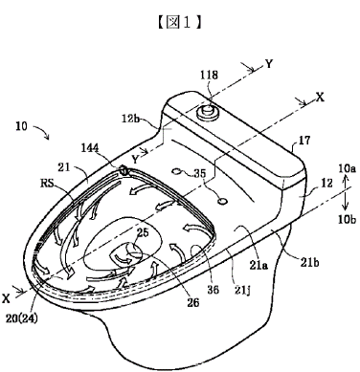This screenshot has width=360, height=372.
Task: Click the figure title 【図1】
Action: click(180, 23)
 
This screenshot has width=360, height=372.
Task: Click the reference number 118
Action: click(209, 75)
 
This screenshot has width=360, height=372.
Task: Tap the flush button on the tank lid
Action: click(208, 112)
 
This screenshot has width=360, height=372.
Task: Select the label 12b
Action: click(131, 119)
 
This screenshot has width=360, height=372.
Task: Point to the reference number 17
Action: click(304, 141)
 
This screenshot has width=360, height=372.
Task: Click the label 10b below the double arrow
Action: click(347, 219)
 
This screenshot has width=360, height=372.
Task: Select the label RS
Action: click(47, 183)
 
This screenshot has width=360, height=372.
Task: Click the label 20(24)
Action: click(21, 317)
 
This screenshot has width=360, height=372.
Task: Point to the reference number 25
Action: click(143, 232)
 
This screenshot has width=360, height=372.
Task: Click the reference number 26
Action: click(193, 302)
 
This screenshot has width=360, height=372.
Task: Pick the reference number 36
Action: click(213, 290)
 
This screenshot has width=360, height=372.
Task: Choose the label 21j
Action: click(242, 291)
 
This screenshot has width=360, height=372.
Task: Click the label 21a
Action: click(259, 265)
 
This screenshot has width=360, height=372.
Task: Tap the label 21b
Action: click(309, 262)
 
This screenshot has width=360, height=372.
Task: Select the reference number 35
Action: click(209, 174)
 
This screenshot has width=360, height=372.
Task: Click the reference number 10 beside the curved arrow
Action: click(22, 126)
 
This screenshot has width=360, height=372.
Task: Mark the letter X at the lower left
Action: click(6, 298)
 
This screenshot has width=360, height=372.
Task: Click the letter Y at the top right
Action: click(269, 64)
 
